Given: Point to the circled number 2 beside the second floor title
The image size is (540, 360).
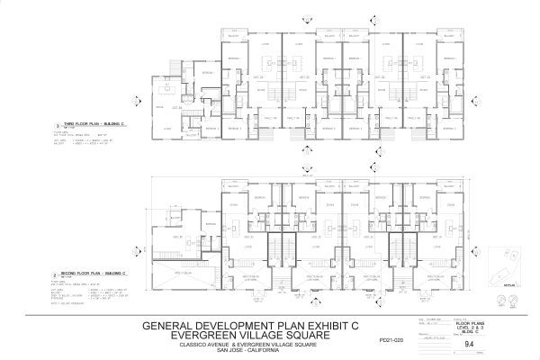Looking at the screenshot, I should pos(56,271).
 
